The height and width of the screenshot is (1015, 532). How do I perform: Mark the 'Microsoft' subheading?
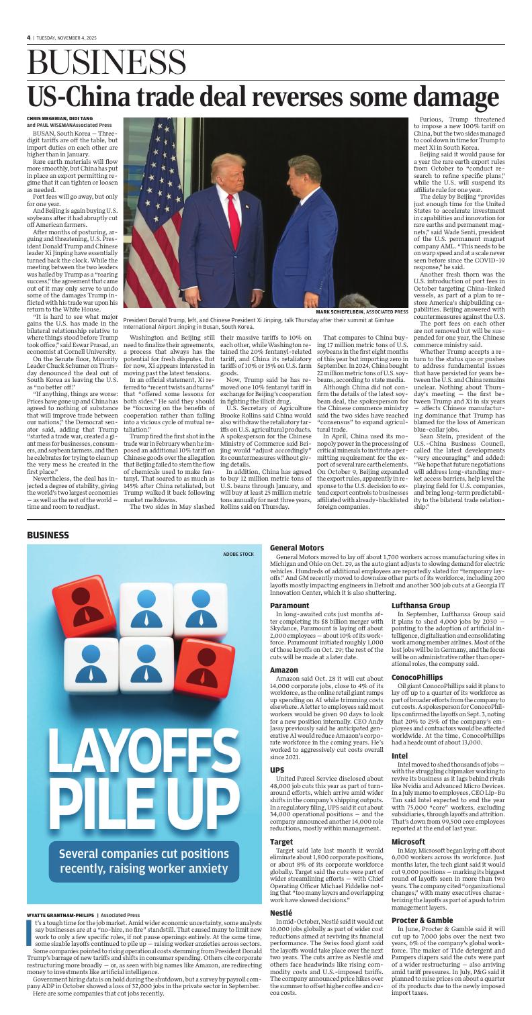tap(409, 840)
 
